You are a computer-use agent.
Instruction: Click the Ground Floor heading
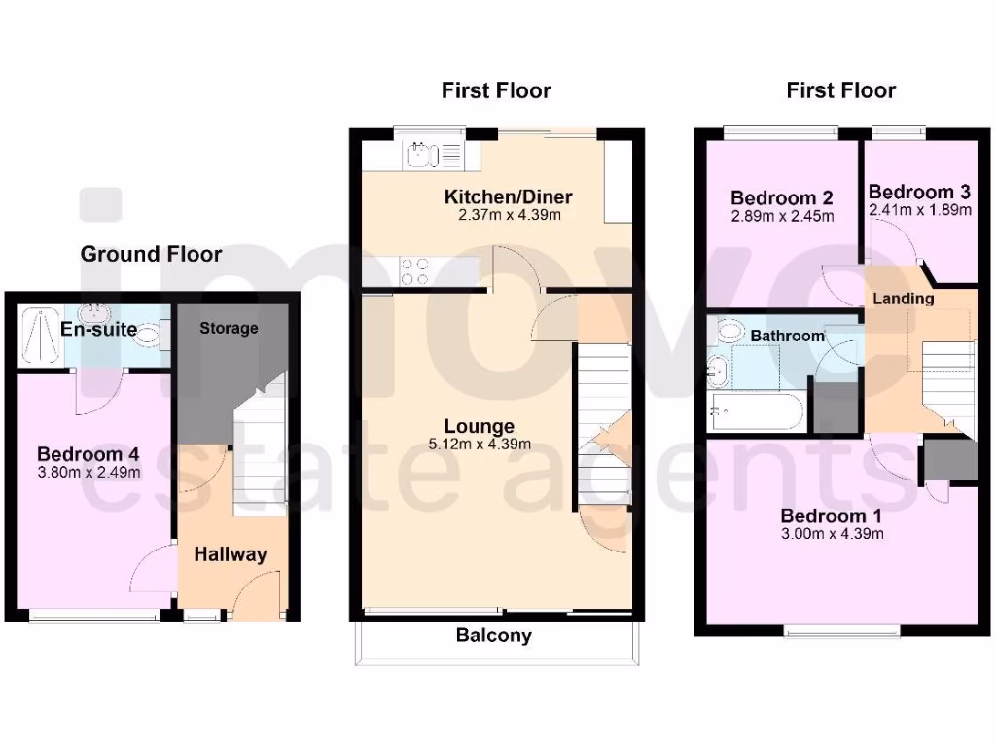(x=151, y=255)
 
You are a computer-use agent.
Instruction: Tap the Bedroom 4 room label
(x=81, y=454)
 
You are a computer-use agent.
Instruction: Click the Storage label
(x=230, y=328)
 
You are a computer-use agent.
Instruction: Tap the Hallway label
(x=231, y=554)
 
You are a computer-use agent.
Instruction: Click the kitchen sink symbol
(x=419, y=153)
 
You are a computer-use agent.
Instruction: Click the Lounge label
(x=480, y=426)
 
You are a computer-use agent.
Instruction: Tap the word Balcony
(x=494, y=636)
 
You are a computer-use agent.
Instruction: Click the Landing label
(x=903, y=299)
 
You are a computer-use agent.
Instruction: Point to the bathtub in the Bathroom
(x=756, y=410)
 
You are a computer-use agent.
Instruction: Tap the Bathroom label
(x=787, y=336)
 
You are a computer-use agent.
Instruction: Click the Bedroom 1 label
(x=823, y=516)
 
